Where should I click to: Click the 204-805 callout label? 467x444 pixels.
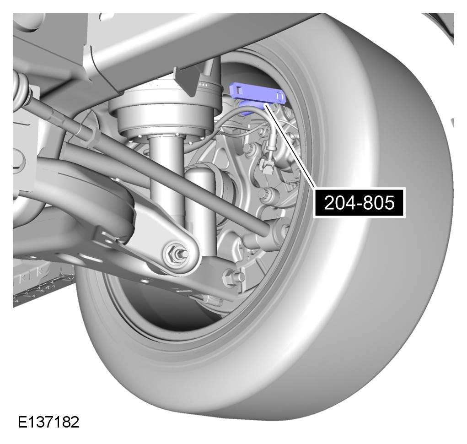[x=359, y=203]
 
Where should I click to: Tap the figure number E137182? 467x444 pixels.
[x=48, y=422]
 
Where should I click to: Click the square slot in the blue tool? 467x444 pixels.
[x=238, y=89]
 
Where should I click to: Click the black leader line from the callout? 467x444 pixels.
[x=290, y=146]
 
